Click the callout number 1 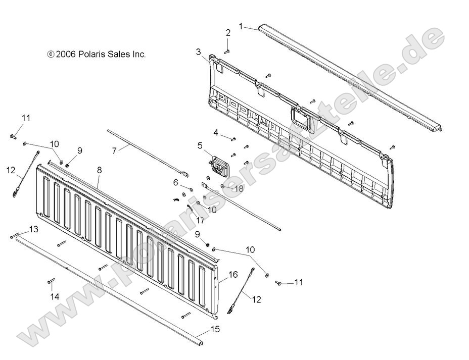[241, 25]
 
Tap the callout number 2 [228, 33]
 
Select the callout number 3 [198, 52]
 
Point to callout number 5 [200, 146]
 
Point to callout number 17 [201, 220]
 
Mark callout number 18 [239, 188]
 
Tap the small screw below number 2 [227, 51]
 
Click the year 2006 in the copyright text [66, 55]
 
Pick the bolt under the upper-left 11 [13, 136]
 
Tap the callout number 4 [216, 133]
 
